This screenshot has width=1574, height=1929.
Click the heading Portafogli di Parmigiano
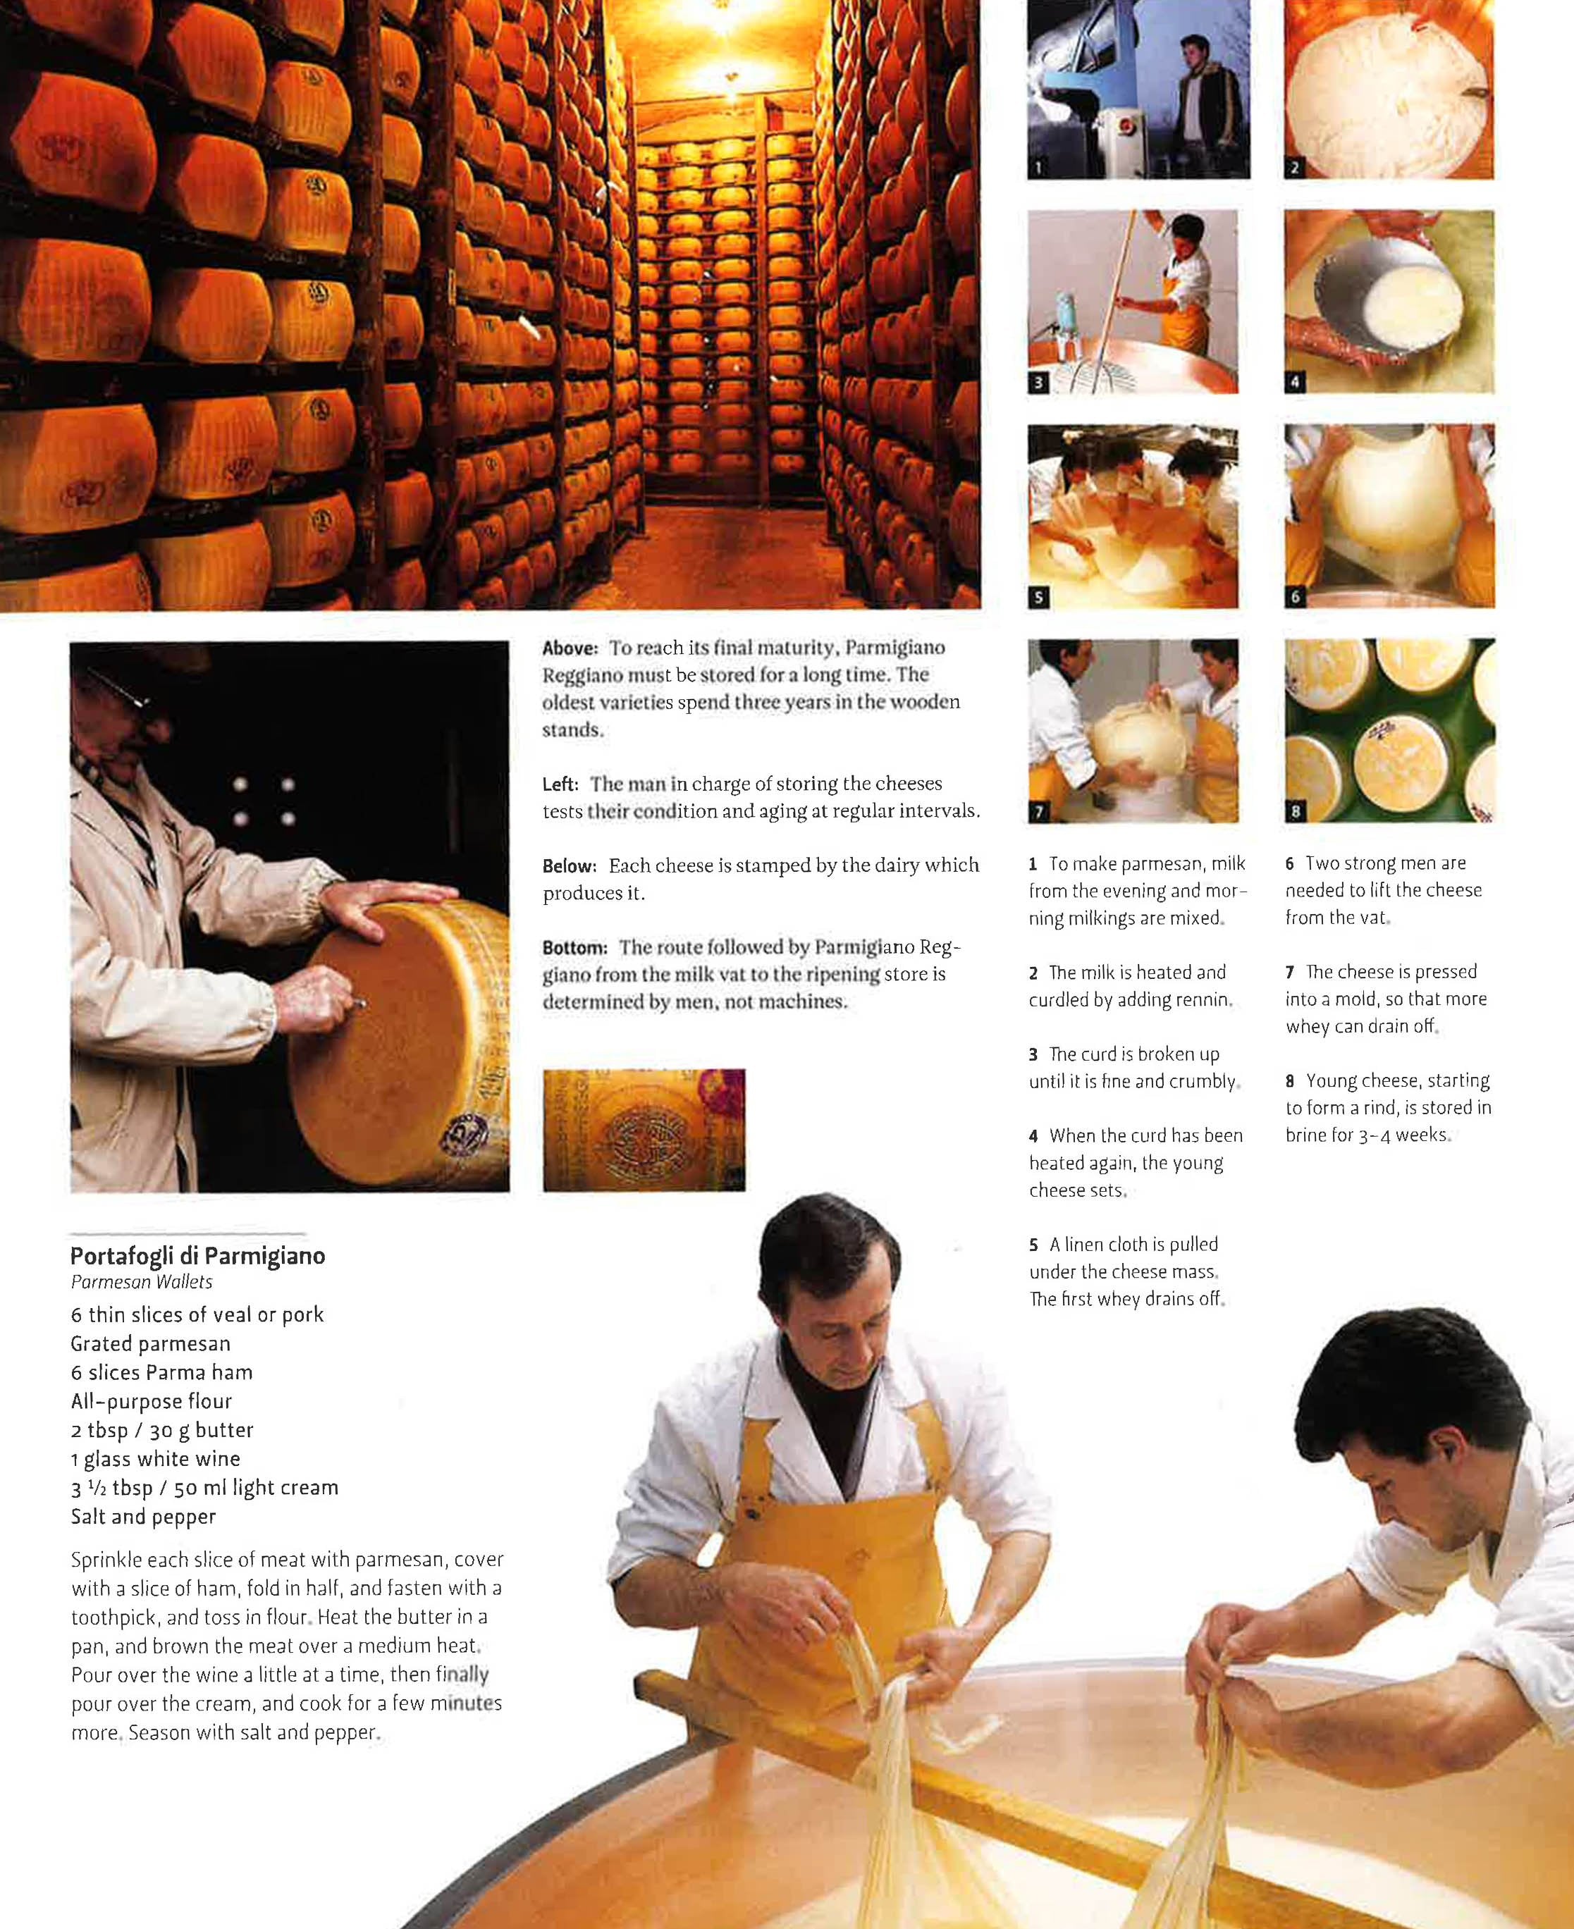click(197, 1255)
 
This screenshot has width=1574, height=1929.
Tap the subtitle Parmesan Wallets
click(142, 1282)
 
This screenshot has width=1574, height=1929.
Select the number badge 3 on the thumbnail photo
click(1039, 383)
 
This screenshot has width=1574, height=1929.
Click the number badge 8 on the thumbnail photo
click(1296, 811)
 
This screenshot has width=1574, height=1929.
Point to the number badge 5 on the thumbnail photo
click(1039, 596)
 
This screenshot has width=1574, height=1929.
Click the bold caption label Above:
click(570, 649)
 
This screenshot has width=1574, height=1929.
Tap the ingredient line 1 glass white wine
click(155, 1458)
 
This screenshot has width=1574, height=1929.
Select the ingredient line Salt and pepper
click(143, 1517)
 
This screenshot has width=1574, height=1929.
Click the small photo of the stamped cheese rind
click(644, 1130)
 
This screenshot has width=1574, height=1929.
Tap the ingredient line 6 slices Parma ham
click(161, 1372)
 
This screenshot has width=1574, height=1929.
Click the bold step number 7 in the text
click(1289, 973)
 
